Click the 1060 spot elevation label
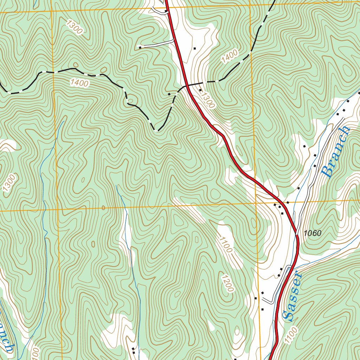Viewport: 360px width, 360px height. (312, 233)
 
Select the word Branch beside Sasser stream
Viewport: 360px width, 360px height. (336, 152)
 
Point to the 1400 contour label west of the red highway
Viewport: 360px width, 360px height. (79, 83)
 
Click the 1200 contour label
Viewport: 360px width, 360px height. (227, 283)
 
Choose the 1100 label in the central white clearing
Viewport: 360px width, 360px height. (225, 245)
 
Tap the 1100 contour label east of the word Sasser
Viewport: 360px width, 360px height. (291, 335)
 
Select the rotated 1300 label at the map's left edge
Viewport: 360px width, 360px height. (9, 184)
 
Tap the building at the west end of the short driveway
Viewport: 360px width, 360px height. (140, 47)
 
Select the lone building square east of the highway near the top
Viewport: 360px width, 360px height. (194, 48)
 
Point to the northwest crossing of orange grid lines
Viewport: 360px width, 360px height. (52, 11)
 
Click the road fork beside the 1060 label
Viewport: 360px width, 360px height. (296, 233)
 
